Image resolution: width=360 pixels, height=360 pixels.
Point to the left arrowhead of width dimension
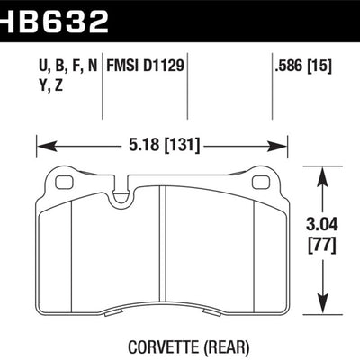pyautogui.click(x=40, y=144)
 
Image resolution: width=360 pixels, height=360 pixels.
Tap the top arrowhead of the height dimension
pyautogui.click(x=323, y=171)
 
